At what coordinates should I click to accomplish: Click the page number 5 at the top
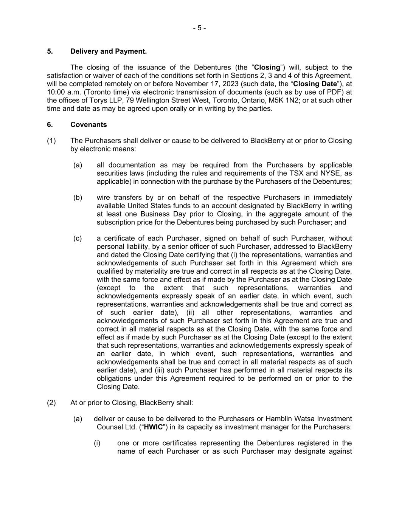[199, 28]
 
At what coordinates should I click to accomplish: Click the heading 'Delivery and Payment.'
[109, 51]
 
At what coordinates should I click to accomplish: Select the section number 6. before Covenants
[50, 125]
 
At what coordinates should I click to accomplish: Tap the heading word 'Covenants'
[88, 125]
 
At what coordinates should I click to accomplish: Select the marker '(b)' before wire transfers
[78, 198]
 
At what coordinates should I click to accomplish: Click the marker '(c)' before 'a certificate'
[78, 239]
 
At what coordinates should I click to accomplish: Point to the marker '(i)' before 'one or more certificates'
[97, 443]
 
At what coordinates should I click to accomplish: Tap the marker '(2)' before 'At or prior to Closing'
[51, 403]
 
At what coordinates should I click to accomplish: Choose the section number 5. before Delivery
[50, 51]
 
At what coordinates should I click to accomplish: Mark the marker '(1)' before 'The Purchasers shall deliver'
[51, 141]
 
